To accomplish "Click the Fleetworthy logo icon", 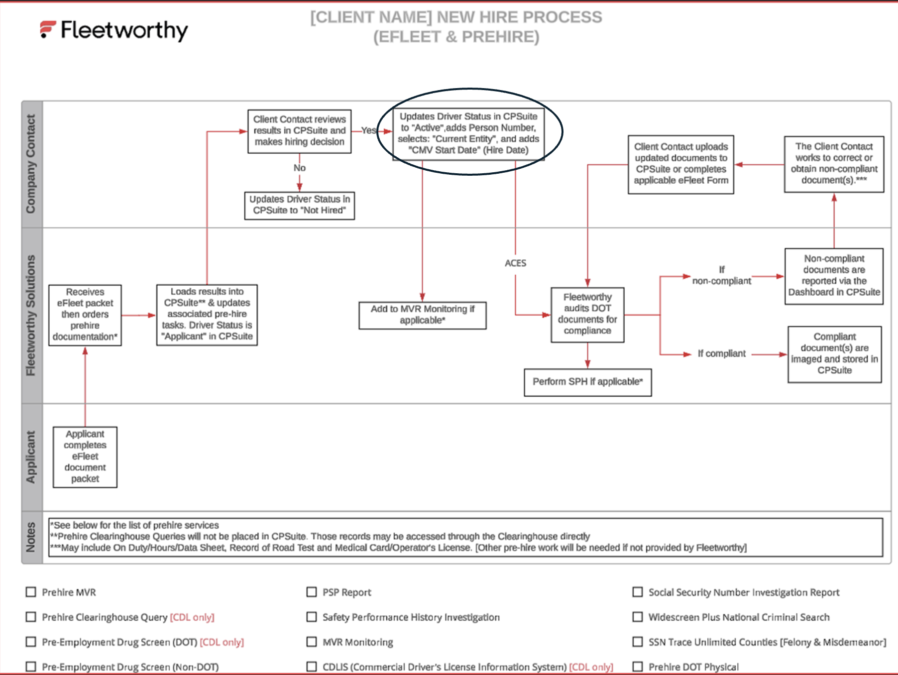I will click(48, 29).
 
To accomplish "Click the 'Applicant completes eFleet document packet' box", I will click(85, 456).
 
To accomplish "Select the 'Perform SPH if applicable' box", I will click(587, 382).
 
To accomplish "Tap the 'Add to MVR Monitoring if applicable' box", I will click(422, 315).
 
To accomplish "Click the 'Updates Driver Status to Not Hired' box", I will click(299, 205).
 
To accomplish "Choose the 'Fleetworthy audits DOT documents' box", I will click(587, 314).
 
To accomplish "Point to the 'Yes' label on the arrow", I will click(368, 130).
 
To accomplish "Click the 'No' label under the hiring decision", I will click(299, 168).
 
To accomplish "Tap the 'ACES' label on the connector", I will click(515, 263).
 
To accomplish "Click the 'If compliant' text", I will click(721, 353).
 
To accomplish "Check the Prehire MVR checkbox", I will click(31, 592).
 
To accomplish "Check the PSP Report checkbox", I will click(312, 592).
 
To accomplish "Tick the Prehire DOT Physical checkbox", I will click(637, 667).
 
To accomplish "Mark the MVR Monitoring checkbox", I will click(312, 642).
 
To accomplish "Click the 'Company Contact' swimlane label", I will click(31, 164).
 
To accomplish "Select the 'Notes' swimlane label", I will click(31, 537).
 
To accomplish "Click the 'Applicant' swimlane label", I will click(31, 456).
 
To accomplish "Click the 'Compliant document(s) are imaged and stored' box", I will click(834, 354).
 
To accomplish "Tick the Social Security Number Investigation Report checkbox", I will click(637, 592).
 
